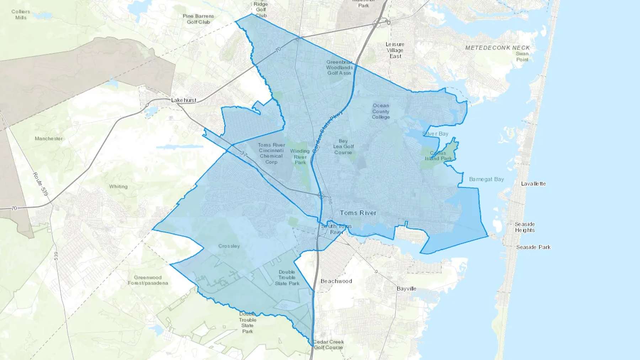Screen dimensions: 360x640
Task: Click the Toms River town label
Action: pos(358,213)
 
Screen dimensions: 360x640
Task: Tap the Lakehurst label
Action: pos(183,100)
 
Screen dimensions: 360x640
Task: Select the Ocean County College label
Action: pos(381,111)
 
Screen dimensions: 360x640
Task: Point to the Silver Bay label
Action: pos(435,134)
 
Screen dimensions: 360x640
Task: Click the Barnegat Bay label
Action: pos(486,179)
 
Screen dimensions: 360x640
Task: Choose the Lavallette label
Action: pos(533,184)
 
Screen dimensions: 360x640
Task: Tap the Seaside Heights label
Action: pos(525,227)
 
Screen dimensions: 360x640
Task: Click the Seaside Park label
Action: pos(533,247)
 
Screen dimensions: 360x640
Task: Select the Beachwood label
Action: pos(336,281)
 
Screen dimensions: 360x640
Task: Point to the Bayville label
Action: pos(406,289)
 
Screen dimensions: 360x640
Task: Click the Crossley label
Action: pos(229,246)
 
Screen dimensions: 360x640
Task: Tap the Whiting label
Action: pos(118,187)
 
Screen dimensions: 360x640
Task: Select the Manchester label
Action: pos(49,139)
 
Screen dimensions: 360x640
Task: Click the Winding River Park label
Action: pos(300,157)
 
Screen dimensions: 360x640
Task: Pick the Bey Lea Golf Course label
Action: pos(343,147)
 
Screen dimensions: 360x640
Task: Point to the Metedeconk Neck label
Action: pos(497,48)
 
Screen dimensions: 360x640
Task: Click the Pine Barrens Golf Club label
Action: pos(198,19)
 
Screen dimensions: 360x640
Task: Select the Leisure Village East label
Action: pos(395,50)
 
